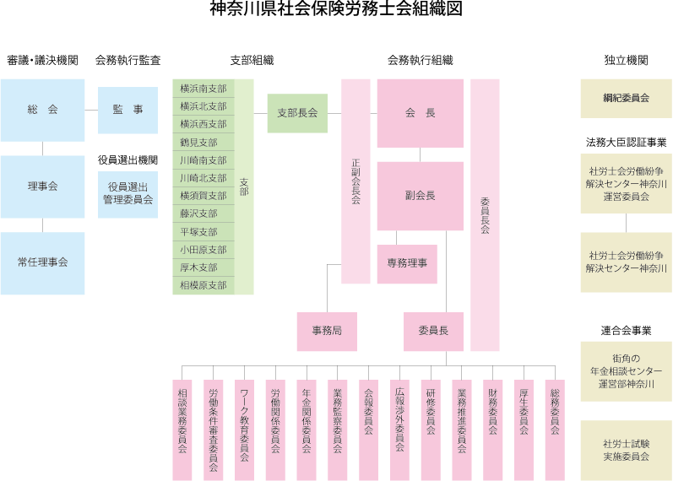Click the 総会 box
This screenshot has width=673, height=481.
coord(42,111)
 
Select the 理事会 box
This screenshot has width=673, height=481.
coord(42,186)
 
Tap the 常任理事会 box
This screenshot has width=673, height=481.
coord(42,262)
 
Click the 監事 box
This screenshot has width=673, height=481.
coord(128,111)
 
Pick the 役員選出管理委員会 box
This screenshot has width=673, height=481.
coord(128,194)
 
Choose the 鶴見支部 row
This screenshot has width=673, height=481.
coord(204,143)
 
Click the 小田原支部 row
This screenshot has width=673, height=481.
coord(204,250)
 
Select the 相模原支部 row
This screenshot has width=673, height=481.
coord(204,285)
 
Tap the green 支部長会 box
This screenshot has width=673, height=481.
coord(297,113)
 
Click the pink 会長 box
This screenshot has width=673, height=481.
coord(420,113)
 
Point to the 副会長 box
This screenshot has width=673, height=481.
coord(420,196)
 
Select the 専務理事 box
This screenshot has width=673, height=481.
coord(407,263)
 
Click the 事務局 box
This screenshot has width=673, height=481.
coord(327,332)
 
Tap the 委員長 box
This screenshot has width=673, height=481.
coord(433,332)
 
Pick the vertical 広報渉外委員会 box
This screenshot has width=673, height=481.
coord(399,418)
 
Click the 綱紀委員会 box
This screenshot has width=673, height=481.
coord(626,98)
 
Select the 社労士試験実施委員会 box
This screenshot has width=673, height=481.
coord(626,450)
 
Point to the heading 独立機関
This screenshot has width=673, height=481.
coord(626,61)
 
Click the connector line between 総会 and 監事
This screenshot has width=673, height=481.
coord(91,111)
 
